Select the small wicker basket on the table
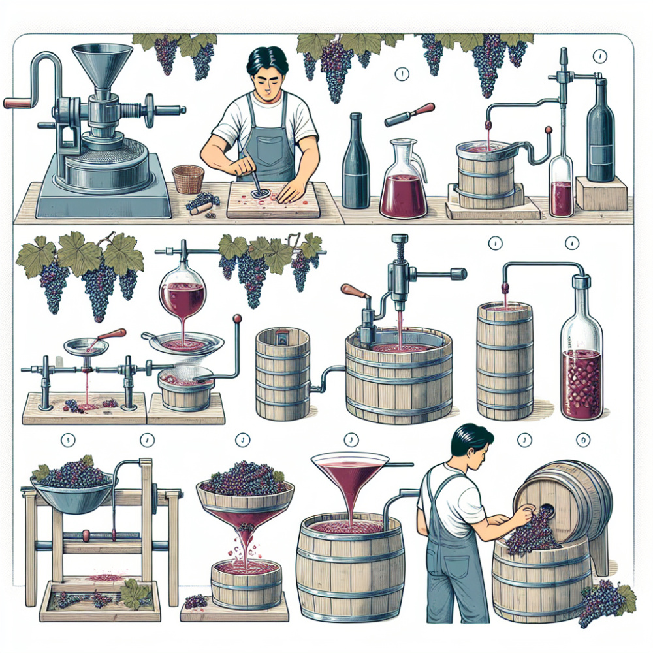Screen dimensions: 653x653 tap(188, 178)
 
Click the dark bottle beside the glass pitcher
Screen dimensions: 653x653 tap(356, 163)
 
